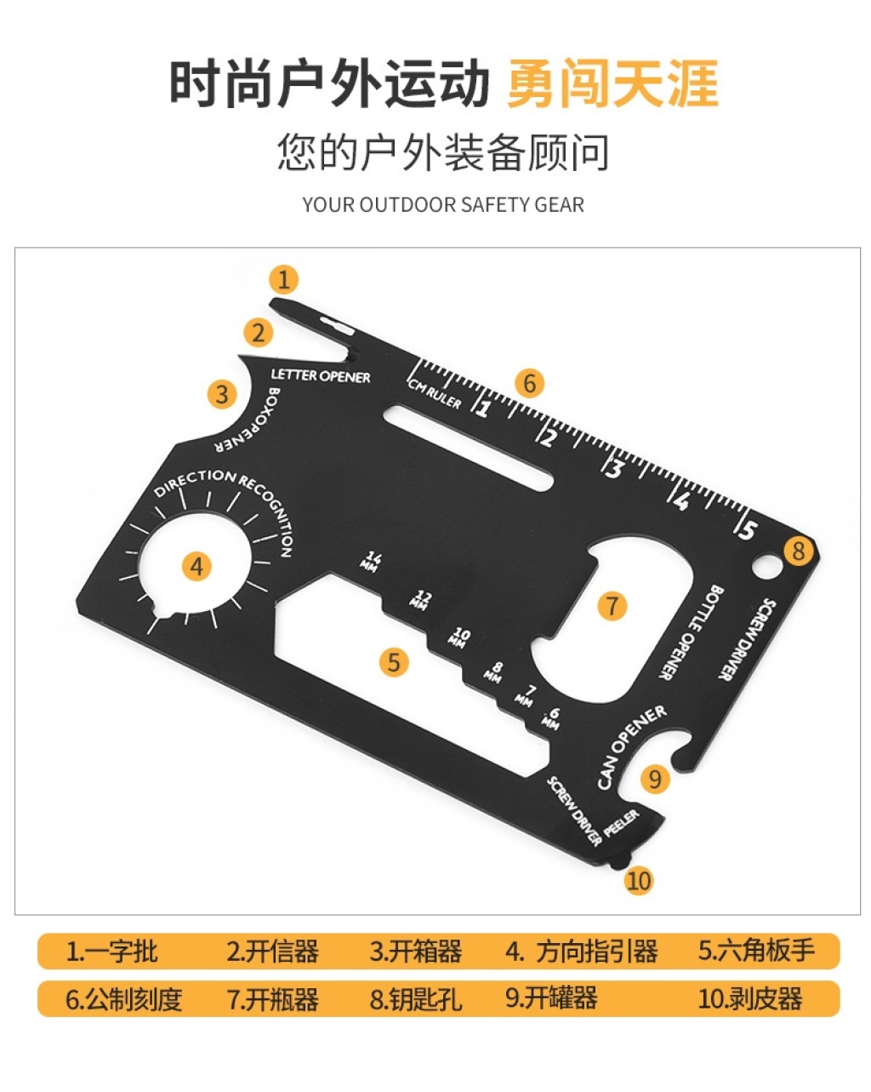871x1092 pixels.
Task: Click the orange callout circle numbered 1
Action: point(283,280)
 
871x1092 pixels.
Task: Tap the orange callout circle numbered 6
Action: point(529,383)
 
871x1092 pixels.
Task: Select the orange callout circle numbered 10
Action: point(639,880)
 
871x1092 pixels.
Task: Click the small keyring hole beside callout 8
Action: point(767,566)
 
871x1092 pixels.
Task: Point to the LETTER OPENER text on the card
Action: point(321,376)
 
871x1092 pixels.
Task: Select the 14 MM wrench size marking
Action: point(372,562)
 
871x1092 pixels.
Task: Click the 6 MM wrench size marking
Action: point(551,718)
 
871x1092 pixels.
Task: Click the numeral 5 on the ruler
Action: point(748,529)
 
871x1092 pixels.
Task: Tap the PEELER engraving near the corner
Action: point(621,823)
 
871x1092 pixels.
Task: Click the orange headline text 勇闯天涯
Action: point(612,83)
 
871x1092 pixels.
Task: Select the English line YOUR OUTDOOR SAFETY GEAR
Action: point(443,205)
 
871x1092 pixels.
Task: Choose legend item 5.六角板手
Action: point(756,951)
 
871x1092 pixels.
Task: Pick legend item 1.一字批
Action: point(111,951)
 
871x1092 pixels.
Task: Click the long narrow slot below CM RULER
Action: point(468,448)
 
